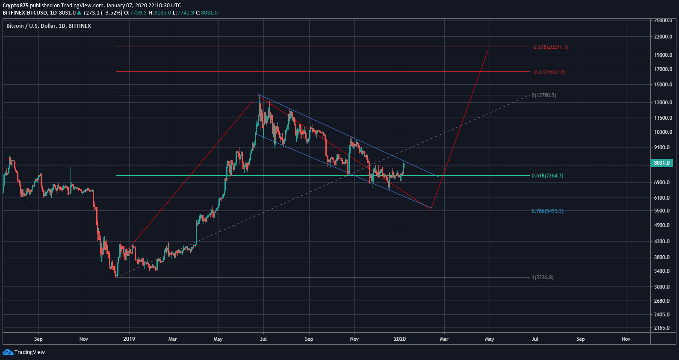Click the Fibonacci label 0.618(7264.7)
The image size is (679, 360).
pos(547,176)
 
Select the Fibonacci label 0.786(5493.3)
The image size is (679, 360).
pos(547,211)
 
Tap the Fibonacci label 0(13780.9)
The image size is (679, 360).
pos(544,95)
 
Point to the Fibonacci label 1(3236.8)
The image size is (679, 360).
pos(543,277)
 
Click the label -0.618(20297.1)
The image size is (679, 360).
pos(550,47)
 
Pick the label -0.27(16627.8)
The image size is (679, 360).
pos(549,72)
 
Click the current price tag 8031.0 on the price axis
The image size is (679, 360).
pos(661,163)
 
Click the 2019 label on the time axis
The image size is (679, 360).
pos(129,339)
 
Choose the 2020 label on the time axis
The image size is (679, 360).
pos(399,339)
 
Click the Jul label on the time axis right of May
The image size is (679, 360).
pos(534,339)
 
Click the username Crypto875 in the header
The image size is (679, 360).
pos(15,6)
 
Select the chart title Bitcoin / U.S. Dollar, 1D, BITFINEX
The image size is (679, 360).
pos(49,26)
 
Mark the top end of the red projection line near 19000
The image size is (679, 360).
pos(488,51)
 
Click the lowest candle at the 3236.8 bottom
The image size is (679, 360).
pos(116,276)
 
